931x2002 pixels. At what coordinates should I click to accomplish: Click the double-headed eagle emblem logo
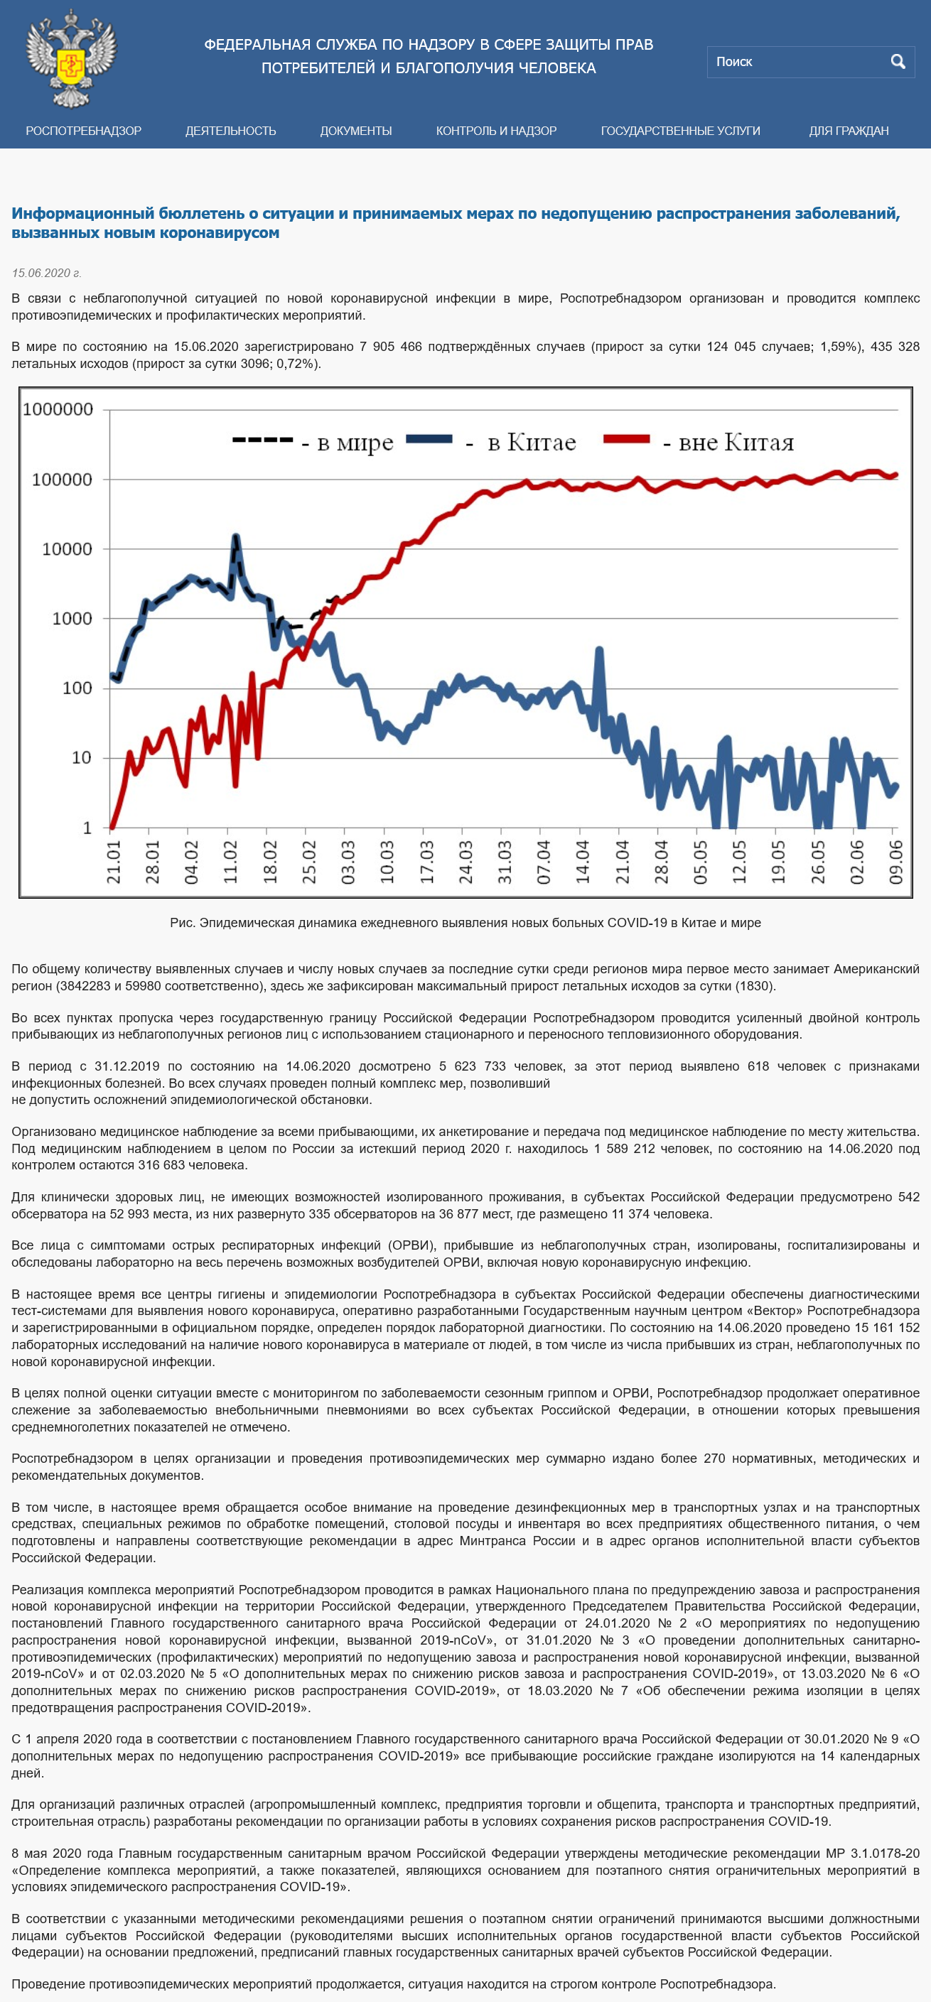coord(71,58)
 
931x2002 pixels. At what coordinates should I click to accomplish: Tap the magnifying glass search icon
coord(898,61)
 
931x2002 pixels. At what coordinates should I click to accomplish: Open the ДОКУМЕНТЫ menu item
coord(356,131)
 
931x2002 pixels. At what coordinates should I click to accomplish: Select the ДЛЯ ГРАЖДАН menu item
coord(849,131)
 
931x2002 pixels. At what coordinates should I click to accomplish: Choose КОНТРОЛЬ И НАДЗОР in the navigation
coord(496,131)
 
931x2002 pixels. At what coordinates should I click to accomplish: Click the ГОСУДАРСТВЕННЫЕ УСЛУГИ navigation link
coord(680,131)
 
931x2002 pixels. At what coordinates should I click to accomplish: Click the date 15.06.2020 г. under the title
coord(46,273)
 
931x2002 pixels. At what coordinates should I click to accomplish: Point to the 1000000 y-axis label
coord(58,410)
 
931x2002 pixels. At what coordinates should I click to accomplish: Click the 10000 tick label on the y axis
coord(67,549)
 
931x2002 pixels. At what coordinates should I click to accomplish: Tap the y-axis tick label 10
coord(82,758)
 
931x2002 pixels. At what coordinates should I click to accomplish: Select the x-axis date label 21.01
coord(114,862)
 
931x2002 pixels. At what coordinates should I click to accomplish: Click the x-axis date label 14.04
coord(583,862)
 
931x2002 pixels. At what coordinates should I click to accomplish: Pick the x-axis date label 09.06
coord(896,862)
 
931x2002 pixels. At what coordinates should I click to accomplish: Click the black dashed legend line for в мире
coord(263,440)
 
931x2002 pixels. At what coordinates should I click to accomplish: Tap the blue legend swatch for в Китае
coord(429,439)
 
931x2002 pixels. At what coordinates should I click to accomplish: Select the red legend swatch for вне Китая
coord(626,439)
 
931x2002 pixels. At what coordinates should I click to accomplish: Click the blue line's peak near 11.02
coord(236,536)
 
